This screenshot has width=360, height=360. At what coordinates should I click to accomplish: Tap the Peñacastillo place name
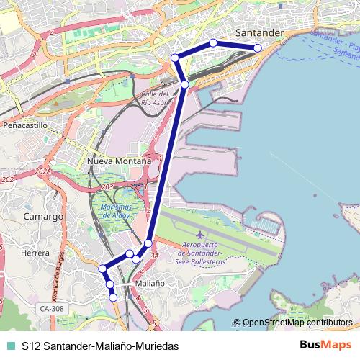24,125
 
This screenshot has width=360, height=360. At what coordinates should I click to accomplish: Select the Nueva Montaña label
119,161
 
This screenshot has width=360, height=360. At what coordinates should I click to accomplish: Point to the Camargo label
42,216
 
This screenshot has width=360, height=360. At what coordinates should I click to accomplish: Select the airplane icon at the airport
199,235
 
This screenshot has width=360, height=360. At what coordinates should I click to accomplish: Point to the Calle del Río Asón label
155,99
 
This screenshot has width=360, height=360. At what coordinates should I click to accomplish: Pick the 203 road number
108,187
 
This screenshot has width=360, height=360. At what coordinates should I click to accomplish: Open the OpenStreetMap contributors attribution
297,323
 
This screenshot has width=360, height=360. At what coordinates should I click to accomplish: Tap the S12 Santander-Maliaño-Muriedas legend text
100,346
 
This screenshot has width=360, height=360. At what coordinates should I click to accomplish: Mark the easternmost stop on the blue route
258,48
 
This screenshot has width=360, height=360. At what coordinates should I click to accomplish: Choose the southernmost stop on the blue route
113,297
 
